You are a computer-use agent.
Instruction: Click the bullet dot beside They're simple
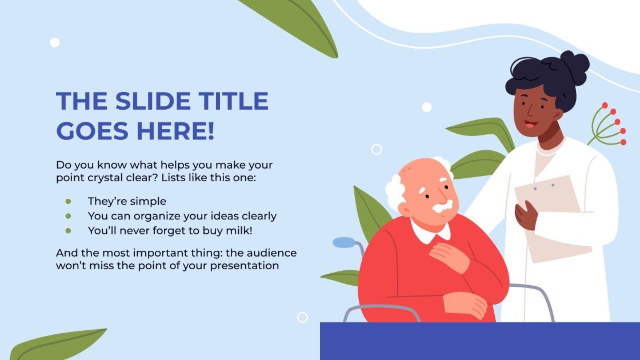[68, 201]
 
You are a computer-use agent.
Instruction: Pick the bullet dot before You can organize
[68, 216]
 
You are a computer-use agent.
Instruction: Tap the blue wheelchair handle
[343, 242]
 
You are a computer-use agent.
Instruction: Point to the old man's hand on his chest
[450, 255]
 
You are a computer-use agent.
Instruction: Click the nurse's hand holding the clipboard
[526, 215]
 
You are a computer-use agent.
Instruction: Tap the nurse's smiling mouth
[531, 123]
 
